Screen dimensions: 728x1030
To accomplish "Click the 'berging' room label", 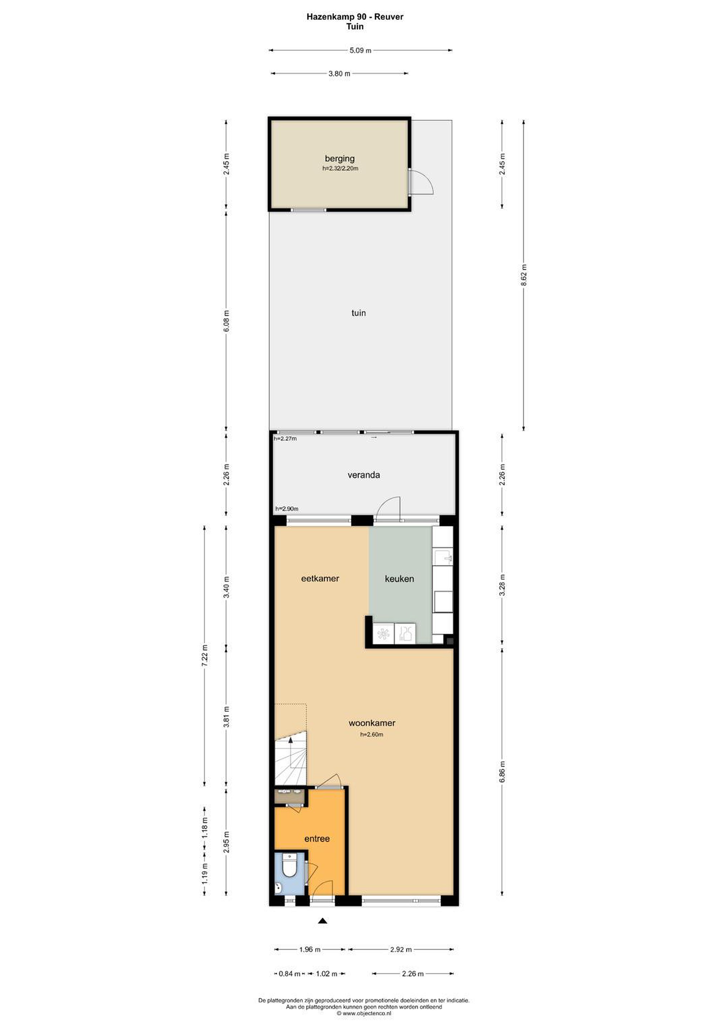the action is [340, 158].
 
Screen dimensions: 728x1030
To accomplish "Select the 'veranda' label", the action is [364, 475].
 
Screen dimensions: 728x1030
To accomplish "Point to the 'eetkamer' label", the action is [320, 578].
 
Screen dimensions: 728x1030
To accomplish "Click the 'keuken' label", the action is [399, 579].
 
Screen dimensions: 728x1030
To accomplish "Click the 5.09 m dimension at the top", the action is [360, 50].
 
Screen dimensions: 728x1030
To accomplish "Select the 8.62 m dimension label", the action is [523, 275].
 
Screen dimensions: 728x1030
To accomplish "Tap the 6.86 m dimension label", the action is [502, 771].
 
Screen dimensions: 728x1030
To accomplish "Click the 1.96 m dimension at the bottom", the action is [310, 949].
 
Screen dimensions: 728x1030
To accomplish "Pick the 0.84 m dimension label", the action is [290, 973].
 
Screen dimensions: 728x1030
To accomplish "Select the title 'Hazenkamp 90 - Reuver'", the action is [355, 16].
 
